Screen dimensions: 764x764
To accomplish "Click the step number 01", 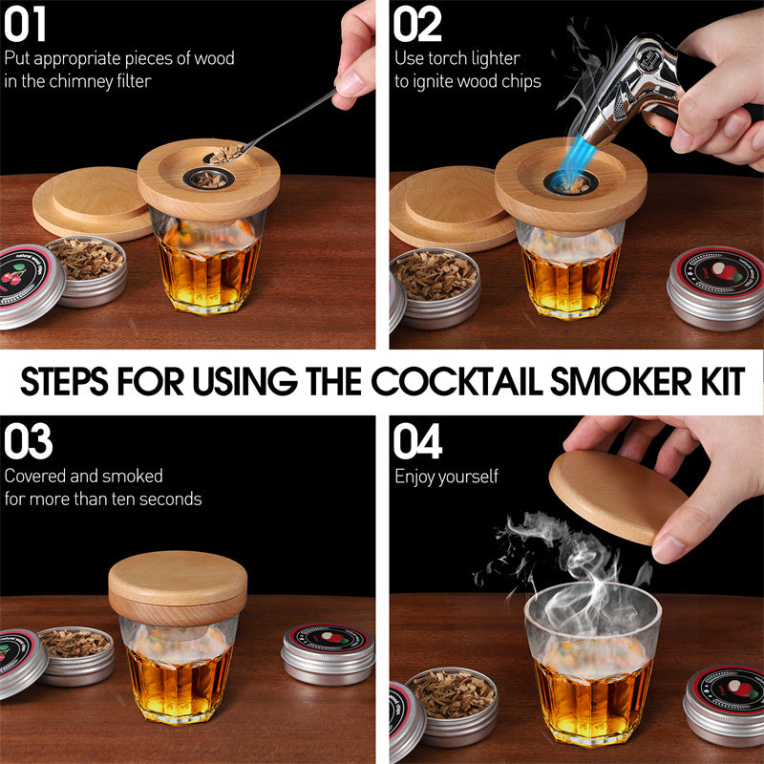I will tap(26, 26).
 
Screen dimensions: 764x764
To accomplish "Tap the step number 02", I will tap(417, 26).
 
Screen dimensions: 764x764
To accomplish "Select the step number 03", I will tap(28, 441).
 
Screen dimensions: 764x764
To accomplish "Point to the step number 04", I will tap(418, 441).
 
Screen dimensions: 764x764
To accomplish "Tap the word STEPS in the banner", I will tap(66, 381).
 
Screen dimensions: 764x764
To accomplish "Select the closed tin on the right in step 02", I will tap(714, 286).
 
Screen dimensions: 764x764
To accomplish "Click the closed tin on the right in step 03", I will tap(328, 654).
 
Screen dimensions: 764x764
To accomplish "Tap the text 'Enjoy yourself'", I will tap(446, 476).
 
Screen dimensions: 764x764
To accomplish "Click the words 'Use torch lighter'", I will tap(457, 58).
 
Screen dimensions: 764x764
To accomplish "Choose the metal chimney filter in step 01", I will tap(205, 178).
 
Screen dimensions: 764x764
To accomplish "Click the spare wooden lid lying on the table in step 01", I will tap(91, 201).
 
